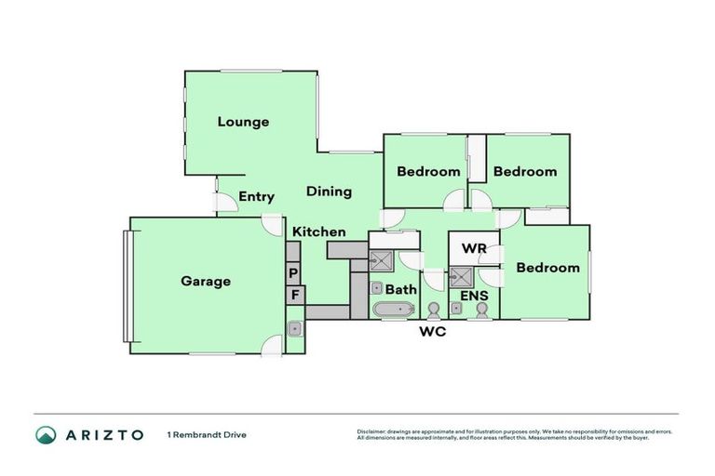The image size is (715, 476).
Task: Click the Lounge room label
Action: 243,122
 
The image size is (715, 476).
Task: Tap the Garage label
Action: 206,281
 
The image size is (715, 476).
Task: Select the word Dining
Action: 329,192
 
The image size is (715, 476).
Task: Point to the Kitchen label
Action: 319,231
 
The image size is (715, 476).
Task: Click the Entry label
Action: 256,196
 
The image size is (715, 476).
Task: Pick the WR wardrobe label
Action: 475,249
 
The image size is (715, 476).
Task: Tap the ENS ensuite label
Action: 474,296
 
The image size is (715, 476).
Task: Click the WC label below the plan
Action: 433,331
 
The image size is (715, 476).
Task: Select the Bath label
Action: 401,289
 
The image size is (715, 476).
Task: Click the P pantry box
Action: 293,273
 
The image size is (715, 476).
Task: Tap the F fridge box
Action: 293,296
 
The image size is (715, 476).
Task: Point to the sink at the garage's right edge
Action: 294,328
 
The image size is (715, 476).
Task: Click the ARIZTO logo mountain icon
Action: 46,434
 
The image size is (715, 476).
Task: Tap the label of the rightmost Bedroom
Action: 547,268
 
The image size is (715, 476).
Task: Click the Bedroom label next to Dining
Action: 428,171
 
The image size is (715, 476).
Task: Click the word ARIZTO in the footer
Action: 103,434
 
